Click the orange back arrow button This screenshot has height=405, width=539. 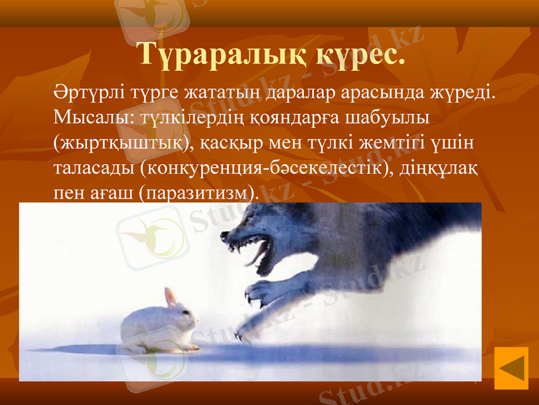(x=511, y=368)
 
